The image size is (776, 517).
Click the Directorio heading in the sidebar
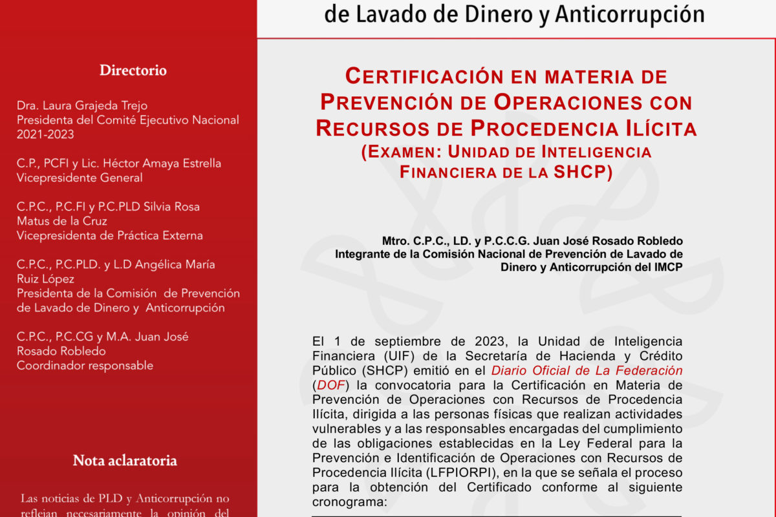[133, 70]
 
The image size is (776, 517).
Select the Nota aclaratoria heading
[125, 461]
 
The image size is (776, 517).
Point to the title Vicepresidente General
[80, 178]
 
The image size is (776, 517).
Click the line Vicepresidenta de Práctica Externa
[110, 235]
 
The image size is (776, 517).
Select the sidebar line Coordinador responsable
[85, 366]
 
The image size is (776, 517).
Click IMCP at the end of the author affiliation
[669, 267]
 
